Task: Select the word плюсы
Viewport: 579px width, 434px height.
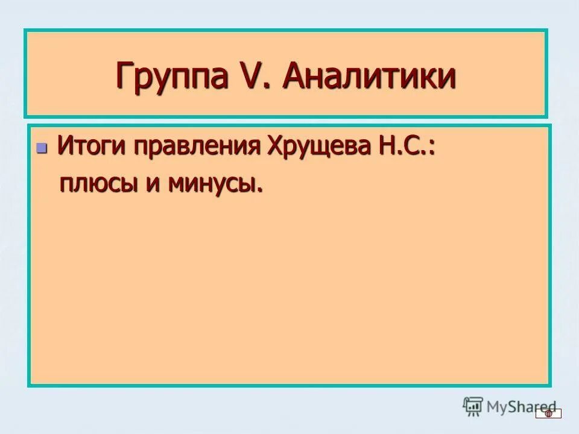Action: click(x=97, y=183)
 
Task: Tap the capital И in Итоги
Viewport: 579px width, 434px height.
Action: click(x=64, y=146)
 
